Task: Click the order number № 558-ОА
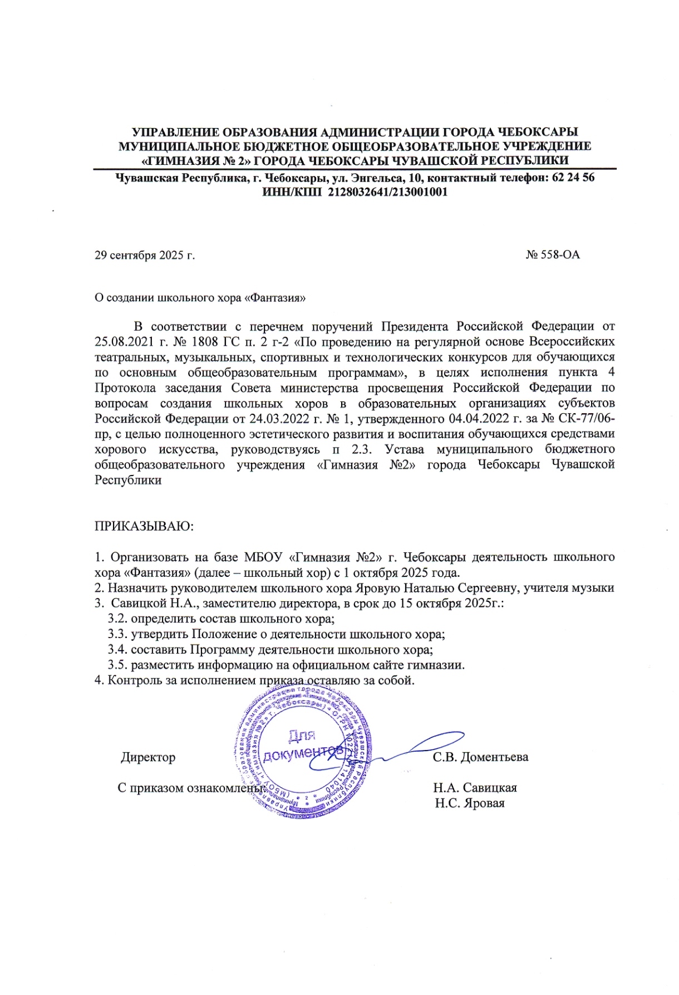pos(552,255)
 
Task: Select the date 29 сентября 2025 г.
pos(145,256)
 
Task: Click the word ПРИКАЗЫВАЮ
pos(144,526)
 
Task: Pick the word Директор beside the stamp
pos(148,757)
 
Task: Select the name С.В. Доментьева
pos(480,757)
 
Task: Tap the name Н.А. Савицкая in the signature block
pos(475,788)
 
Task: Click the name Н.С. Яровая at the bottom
pos(470,803)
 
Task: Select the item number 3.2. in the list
pos(117,619)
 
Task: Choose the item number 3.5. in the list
pos(117,665)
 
